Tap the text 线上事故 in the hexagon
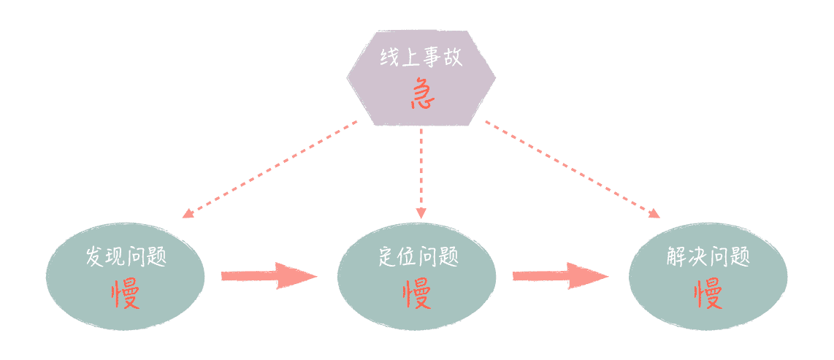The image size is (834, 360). [x=421, y=58]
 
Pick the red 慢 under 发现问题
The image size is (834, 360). [x=126, y=294]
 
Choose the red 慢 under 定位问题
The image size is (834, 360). [x=417, y=294]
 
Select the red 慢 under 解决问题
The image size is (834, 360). [x=708, y=294]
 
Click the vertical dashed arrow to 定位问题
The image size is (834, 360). [x=421, y=172]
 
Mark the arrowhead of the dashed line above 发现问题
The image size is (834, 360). [x=187, y=214]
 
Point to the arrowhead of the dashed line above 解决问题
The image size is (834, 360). [x=654, y=214]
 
